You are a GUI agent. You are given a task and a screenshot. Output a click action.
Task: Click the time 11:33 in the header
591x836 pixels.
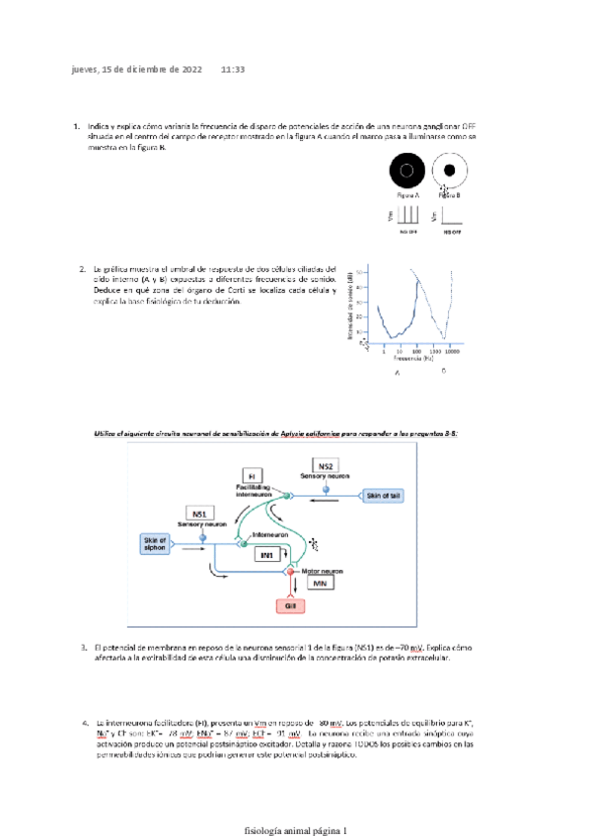coord(233,70)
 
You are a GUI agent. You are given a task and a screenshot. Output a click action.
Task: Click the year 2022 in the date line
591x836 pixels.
coord(188,70)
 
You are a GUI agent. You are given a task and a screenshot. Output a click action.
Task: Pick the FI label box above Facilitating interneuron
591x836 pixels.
coord(252,476)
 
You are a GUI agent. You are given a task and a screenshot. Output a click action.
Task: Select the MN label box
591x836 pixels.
coord(320,585)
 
